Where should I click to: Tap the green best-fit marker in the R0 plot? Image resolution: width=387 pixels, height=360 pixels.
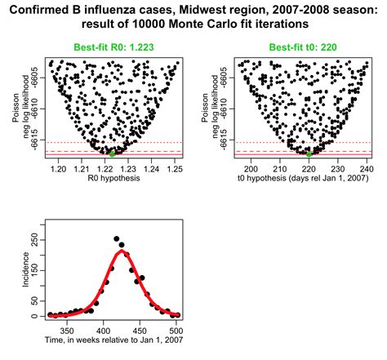point(113,153)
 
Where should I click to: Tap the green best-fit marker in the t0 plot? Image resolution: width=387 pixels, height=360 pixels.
point(309,153)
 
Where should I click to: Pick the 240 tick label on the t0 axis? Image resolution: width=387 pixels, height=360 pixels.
point(365,168)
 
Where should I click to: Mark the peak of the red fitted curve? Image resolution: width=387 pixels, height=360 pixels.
point(122,251)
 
